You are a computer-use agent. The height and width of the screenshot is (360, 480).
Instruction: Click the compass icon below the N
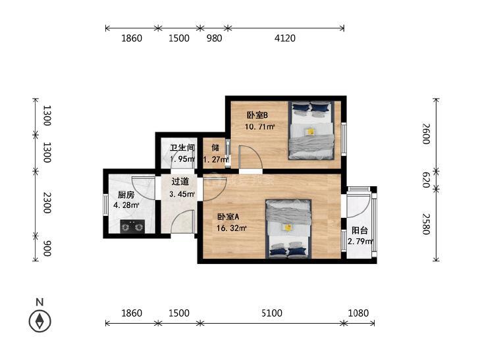[x=40, y=321]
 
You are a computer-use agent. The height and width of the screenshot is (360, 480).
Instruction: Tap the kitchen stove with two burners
[x=132, y=226]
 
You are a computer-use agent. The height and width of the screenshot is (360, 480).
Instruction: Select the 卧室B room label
[x=257, y=115]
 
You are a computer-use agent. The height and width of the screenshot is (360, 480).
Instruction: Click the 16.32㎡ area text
[x=232, y=228]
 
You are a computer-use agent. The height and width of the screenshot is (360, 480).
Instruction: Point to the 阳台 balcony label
[x=360, y=230]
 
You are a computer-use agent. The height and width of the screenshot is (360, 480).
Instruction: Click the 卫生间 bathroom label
[x=182, y=147]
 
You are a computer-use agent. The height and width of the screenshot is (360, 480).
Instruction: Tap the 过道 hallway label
[x=180, y=182]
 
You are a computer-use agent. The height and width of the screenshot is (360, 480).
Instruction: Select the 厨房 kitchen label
[x=126, y=195]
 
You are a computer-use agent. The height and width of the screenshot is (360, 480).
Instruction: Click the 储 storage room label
[x=215, y=147]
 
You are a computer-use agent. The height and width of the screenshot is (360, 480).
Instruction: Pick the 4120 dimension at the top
[x=285, y=38]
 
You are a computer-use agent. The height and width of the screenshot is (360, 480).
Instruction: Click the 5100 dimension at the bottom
[x=272, y=313]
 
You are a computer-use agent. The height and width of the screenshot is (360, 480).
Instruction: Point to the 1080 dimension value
[x=358, y=313]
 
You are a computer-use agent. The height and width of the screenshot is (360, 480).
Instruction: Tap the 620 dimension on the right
[x=426, y=180]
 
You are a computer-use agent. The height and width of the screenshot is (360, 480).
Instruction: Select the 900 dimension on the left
[x=47, y=248]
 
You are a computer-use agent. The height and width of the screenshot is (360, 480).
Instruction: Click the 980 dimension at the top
[x=214, y=38]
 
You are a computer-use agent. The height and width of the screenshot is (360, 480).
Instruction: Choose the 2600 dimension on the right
[x=426, y=134]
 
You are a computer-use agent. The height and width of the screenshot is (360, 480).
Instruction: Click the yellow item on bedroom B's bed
[x=310, y=132]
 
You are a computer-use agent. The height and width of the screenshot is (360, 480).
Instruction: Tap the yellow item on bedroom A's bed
[x=288, y=228]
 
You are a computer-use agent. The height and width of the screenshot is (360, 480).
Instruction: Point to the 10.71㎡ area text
[x=260, y=126]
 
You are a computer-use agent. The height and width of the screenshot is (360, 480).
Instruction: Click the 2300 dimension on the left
[x=47, y=203]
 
